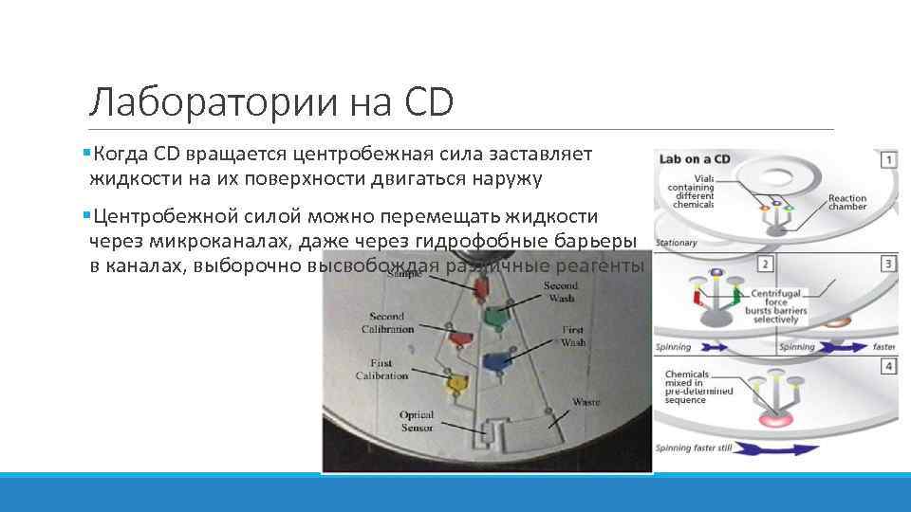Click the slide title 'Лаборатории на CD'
[270, 101]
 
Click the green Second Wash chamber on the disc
[493, 316]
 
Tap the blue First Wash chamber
[495, 361]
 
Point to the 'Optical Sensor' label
[417, 421]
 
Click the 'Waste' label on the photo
[585, 403]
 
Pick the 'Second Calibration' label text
[387, 322]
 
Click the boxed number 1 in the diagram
[887, 159]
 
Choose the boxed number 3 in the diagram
[887, 263]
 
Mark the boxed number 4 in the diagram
[887, 365]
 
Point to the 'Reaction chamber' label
[846, 204]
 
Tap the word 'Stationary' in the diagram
[677, 243]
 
